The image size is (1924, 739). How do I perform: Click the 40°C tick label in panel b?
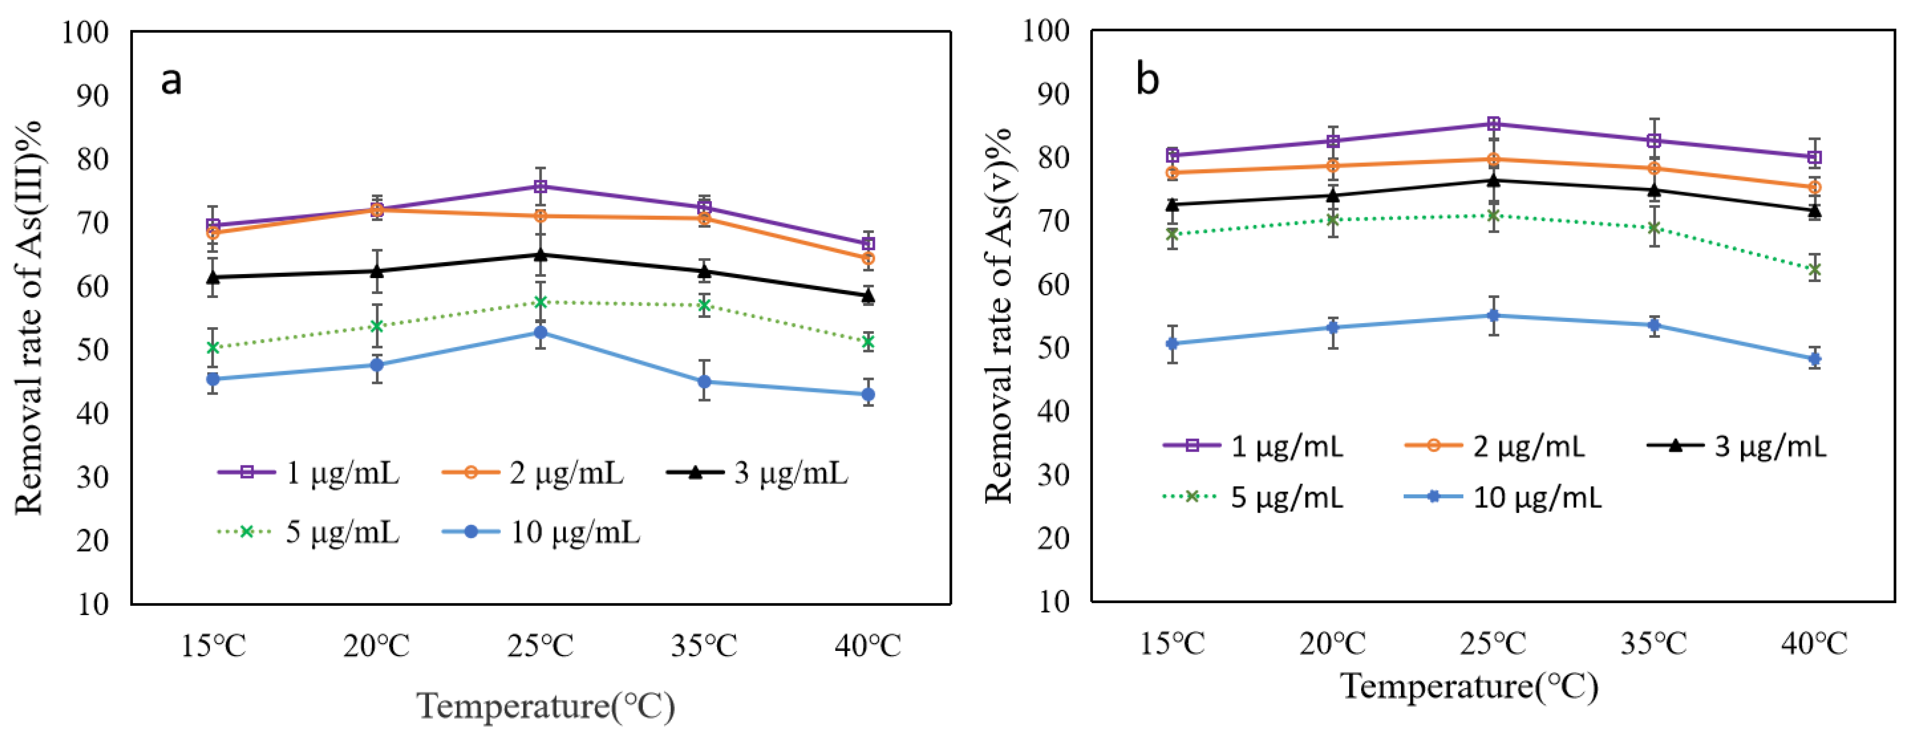tap(1814, 643)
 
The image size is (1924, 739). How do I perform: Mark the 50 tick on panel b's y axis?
tap(1053, 348)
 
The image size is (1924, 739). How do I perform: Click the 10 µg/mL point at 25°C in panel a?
tap(541, 332)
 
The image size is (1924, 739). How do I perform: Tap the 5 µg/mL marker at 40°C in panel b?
tap(1814, 270)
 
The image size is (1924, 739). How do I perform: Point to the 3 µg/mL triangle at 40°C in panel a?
tap(868, 296)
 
